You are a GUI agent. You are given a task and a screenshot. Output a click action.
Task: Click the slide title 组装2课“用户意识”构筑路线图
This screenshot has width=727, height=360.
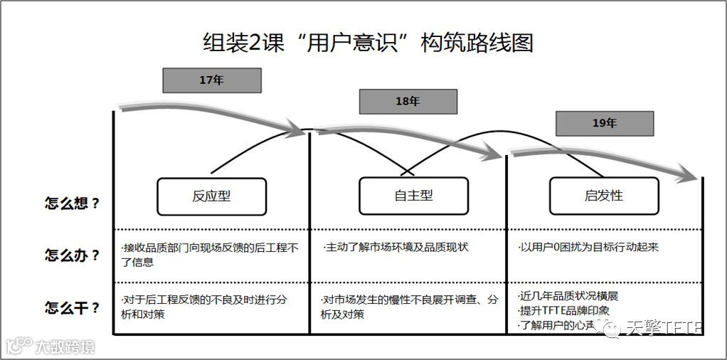(368, 43)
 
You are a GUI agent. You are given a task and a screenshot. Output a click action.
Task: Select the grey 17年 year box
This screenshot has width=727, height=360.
(211, 80)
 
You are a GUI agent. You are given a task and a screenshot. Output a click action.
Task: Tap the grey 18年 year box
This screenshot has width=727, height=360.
(408, 102)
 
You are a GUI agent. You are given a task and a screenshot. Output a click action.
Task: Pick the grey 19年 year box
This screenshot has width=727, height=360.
(604, 123)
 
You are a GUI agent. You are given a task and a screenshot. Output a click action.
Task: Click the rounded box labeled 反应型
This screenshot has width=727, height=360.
(211, 196)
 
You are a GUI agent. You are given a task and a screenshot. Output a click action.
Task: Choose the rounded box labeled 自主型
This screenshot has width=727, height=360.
(413, 196)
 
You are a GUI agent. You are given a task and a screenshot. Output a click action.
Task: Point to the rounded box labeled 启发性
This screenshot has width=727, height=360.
(604, 196)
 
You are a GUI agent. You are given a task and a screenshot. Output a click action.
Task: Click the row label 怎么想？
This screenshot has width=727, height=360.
(72, 203)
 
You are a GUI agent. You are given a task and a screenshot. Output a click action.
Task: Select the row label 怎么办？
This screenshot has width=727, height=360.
(72, 255)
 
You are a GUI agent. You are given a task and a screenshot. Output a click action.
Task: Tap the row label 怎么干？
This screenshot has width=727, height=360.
(72, 308)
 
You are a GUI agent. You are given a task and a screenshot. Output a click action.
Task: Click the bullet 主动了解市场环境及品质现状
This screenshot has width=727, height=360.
(396, 248)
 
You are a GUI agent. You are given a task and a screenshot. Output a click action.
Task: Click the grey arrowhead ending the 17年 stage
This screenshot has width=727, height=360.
(298, 129)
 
